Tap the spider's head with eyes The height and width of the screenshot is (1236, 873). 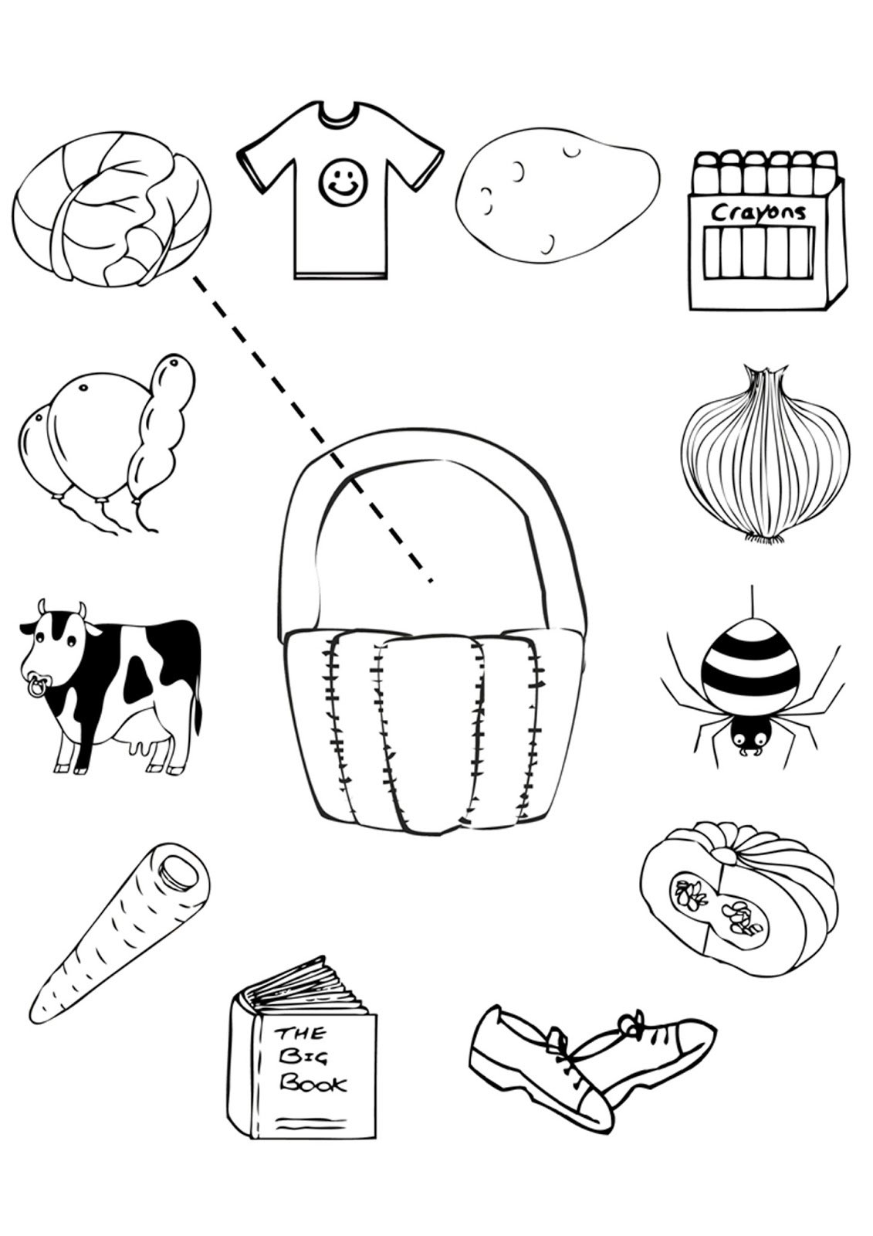[x=748, y=738]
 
